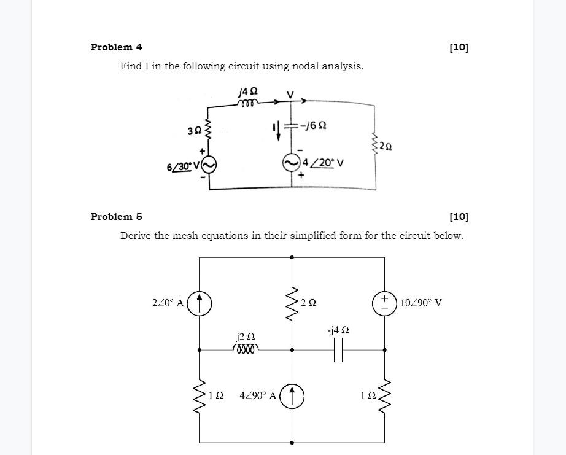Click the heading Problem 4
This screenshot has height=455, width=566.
[x=117, y=47]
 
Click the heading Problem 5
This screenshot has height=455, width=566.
[x=117, y=217]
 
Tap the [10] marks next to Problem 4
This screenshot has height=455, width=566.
[x=459, y=47]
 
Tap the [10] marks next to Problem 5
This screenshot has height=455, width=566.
[x=459, y=217]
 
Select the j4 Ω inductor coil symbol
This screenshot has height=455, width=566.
[x=248, y=103]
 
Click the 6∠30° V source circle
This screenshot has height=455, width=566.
[x=209, y=165]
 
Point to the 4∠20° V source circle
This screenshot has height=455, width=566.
[x=292, y=163]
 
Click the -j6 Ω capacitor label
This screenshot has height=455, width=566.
[x=312, y=125]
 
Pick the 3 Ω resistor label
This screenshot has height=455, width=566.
[x=194, y=130]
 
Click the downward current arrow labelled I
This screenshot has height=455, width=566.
[x=278, y=131]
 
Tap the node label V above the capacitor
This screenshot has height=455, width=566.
[x=290, y=95]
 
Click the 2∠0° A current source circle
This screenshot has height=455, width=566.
[x=200, y=303]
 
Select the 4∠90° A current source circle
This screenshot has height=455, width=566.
[x=292, y=396]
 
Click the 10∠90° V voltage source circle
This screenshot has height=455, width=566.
[x=385, y=303]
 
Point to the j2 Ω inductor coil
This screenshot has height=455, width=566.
[x=246, y=349]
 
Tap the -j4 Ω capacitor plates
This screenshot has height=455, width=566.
[x=338, y=349]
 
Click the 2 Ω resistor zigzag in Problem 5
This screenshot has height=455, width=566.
[x=292, y=303]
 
